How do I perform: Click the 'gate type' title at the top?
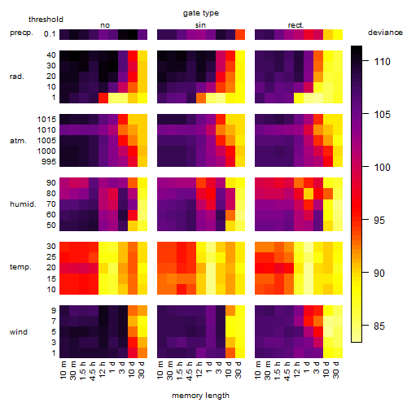(201, 13)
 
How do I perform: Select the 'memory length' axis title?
(200, 396)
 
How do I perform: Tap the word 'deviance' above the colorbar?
(385, 33)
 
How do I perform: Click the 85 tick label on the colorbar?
(379, 326)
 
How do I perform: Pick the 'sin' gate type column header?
(200, 25)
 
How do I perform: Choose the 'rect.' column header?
(295, 25)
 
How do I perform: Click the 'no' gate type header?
(105, 25)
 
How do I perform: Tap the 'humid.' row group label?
(23, 204)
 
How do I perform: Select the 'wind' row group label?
(19, 332)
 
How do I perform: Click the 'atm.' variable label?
(18, 141)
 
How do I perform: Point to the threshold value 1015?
(46, 120)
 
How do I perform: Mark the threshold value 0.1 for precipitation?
(50, 34)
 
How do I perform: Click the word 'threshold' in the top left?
(46, 20)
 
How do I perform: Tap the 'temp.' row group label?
(20, 267)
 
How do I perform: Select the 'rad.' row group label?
(17, 77)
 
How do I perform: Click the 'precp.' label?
(21, 33)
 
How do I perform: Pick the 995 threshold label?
(49, 162)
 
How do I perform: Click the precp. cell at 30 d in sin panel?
(240, 34)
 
